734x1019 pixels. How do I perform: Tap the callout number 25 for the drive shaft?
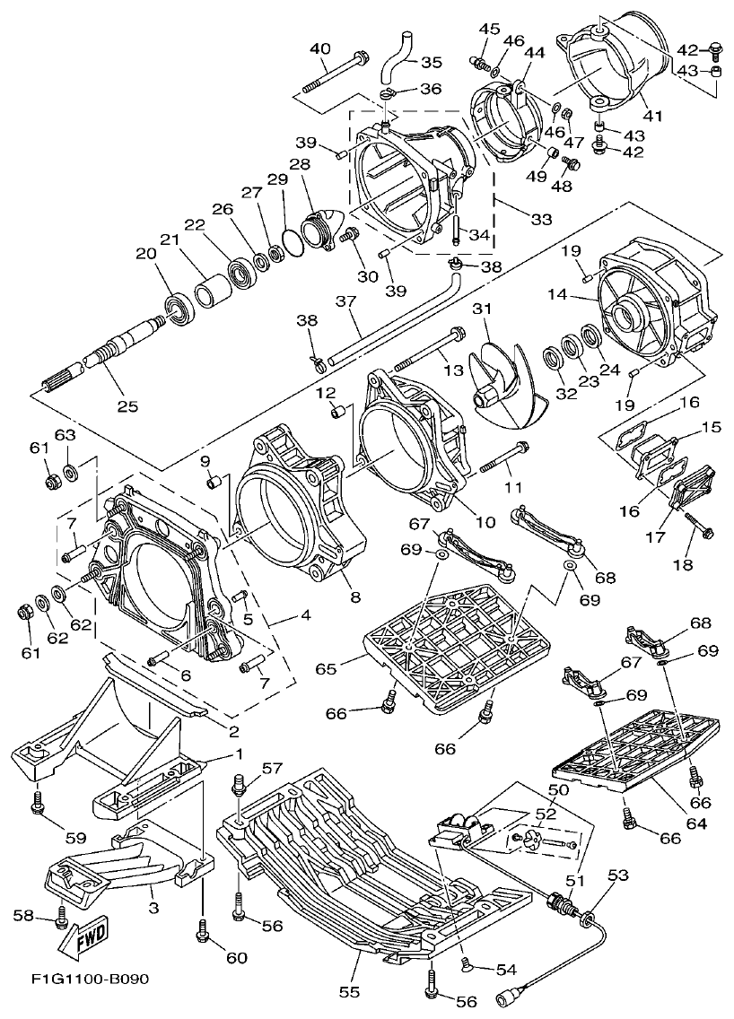127,405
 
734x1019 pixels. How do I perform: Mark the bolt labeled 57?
240,785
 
